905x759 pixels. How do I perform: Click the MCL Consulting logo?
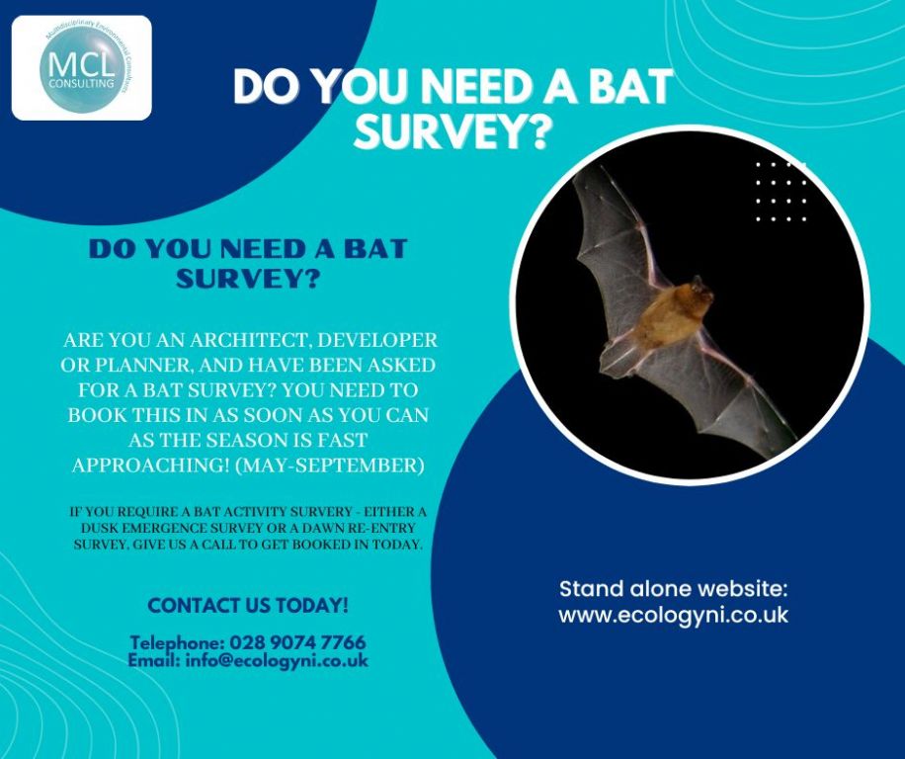82,67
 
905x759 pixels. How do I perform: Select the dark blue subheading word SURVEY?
248,279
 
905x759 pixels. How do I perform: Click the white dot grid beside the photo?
781,192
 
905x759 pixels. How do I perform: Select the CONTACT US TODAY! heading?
247,605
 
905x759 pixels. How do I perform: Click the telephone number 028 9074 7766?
297,642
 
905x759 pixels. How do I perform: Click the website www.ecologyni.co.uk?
673,615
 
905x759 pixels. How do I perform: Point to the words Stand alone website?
673,590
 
